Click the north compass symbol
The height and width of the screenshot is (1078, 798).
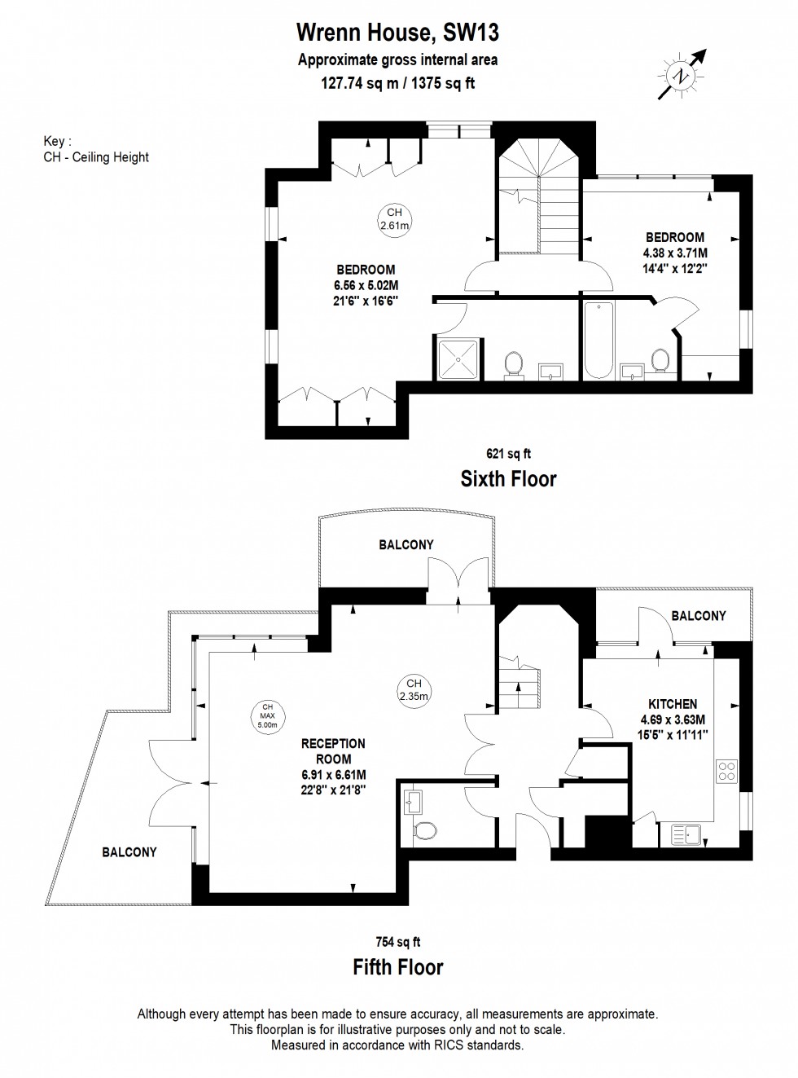[682, 75]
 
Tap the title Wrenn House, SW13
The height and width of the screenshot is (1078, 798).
[398, 33]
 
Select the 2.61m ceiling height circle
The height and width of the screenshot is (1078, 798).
[394, 218]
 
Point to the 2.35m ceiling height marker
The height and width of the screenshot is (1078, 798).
[414, 689]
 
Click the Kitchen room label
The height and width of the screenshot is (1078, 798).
[673, 704]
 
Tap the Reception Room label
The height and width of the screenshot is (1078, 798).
[333, 751]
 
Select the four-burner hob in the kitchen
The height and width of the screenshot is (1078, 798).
[726, 772]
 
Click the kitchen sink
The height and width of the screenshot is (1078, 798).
[686, 834]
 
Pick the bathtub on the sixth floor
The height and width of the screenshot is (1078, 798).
[598, 341]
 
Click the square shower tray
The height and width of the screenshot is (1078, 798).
[458, 359]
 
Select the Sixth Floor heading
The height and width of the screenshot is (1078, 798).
[508, 479]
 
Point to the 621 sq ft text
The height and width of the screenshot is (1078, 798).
[508, 454]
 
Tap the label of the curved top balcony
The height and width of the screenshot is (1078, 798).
[406, 545]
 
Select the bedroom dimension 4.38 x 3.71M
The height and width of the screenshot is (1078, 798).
[675, 253]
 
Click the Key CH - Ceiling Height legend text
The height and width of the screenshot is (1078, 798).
[96, 149]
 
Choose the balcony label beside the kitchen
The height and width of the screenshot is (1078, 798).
[699, 616]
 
